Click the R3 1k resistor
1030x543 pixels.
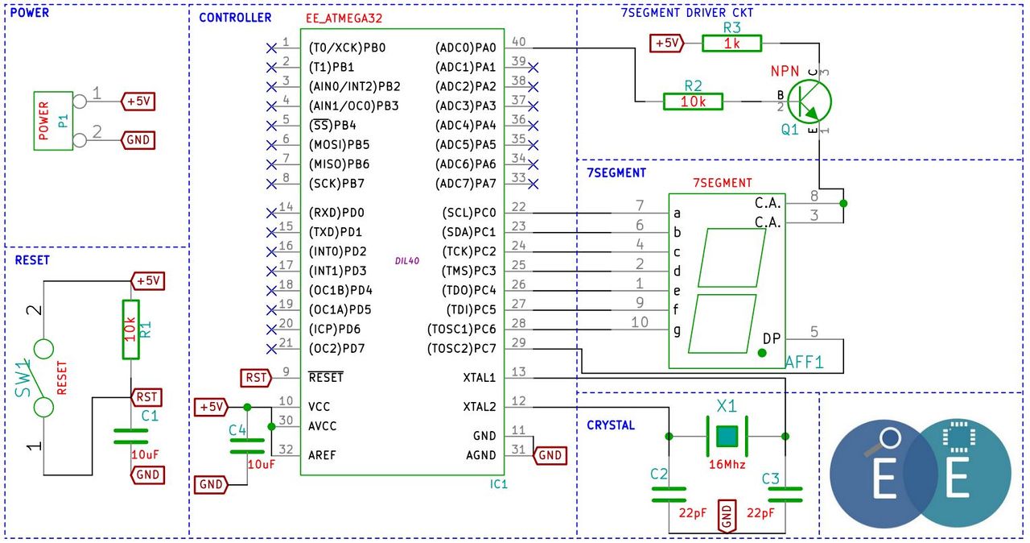pos(731,44)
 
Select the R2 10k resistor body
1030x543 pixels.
pos(693,102)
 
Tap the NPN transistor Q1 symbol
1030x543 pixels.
pos(810,102)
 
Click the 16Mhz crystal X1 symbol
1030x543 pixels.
pos(727,436)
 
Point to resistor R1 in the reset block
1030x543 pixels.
pos(131,330)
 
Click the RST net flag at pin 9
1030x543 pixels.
pos(256,378)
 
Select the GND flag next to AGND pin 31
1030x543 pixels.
pos(550,455)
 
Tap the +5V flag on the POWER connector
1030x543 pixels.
pos(138,102)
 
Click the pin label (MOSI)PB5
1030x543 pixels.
pos(340,145)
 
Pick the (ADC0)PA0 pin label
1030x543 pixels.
pos(465,48)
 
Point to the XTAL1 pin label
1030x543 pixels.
pos(479,378)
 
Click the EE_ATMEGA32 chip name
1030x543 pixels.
pos(344,19)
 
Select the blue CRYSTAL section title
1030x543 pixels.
pos(611,425)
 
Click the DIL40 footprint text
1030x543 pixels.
pos(407,261)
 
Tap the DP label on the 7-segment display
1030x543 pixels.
pos(772,339)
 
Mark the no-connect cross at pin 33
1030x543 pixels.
pos(533,184)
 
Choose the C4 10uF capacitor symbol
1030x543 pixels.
pos(247,446)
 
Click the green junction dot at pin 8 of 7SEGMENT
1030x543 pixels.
pos(843,203)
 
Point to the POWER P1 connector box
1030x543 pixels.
pos(53,121)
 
